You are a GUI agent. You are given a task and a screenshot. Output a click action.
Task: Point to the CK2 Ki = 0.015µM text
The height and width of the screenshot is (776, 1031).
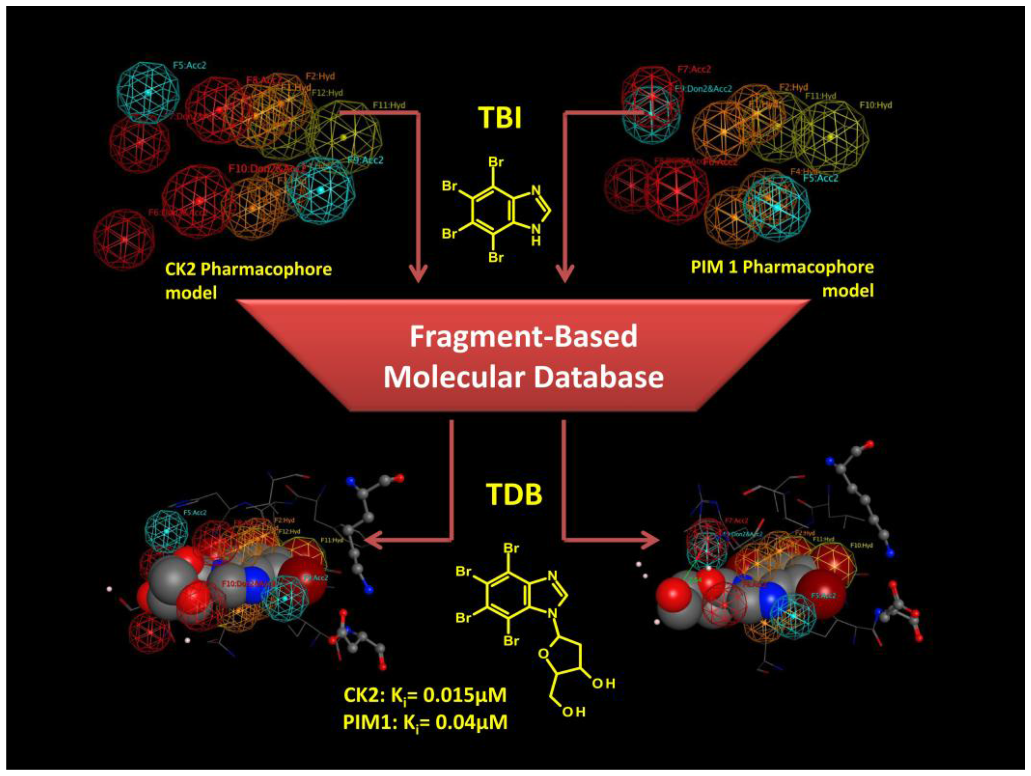coord(425,695)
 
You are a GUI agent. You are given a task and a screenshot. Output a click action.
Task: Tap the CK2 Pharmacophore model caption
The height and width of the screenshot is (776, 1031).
coord(248,281)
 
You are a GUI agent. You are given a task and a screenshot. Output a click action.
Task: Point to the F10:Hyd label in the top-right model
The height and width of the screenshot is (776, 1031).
coord(876,105)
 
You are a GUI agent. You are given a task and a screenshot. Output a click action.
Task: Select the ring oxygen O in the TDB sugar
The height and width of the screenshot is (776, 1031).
coord(543,654)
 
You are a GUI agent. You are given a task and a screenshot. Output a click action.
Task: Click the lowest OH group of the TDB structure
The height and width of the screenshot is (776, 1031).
coord(573,712)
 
